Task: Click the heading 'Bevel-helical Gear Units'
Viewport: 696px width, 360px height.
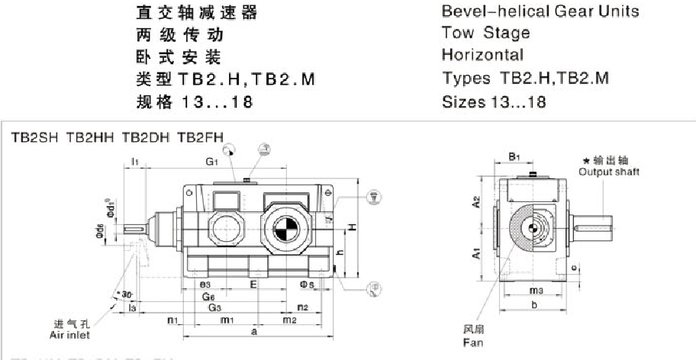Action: click(x=540, y=12)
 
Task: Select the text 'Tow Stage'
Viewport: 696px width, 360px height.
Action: click(x=485, y=34)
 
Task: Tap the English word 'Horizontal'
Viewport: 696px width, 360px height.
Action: click(x=482, y=55)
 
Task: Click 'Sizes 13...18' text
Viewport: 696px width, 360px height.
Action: click(x=494, y=101)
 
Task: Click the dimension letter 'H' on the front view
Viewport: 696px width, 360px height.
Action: click(x=352, y=227)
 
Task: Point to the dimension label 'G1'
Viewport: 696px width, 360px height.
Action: click(x=211, y=162)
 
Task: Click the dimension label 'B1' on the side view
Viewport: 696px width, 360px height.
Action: click(x=514, y=157)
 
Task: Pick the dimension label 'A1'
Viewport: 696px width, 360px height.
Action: click(x=475, y=253)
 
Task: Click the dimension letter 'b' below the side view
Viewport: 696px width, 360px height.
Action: click(x=533, y=304)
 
